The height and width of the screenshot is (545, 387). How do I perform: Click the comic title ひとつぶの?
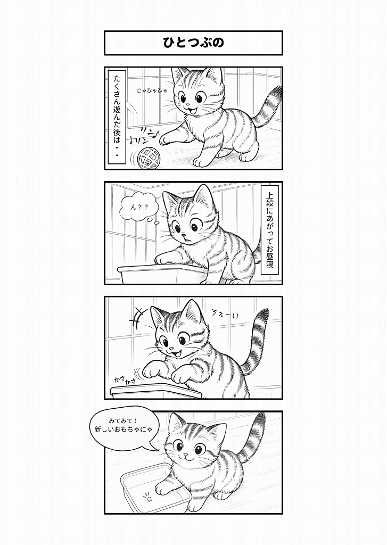(193, 43)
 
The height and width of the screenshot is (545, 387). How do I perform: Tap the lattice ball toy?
(148, 158)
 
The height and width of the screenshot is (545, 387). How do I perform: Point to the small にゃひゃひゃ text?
(152, 90)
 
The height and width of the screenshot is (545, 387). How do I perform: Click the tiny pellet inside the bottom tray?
(151, 500)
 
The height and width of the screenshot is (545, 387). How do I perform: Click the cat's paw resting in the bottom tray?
(162, 489)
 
